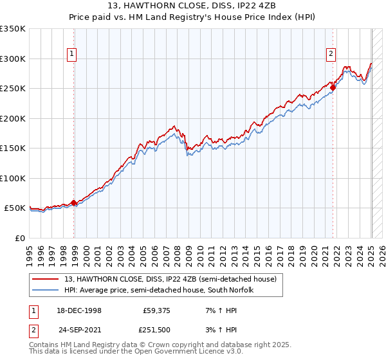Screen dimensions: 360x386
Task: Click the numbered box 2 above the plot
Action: [331, 55]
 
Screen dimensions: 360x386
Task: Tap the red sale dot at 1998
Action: [74, 203]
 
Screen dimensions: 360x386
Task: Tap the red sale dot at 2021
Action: [333, 89]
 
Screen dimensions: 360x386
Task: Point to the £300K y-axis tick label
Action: [13, 59]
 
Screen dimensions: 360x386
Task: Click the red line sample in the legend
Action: [45, 279]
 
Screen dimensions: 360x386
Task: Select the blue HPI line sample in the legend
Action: [45, 289]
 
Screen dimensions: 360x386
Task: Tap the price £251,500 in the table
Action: [156, 330]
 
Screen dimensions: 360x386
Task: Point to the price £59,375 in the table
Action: [156, 310]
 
